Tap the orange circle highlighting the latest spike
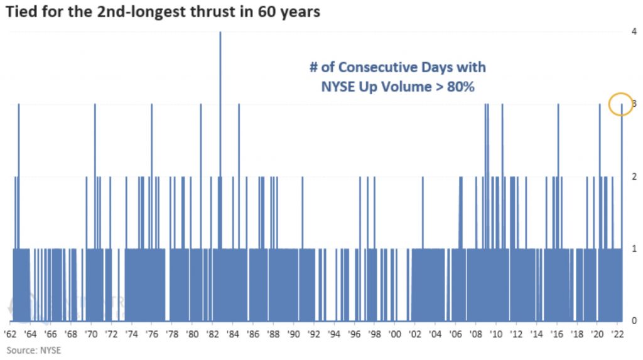coord(621,104)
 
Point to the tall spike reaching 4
coord(220,63)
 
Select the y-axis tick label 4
coord(635,32)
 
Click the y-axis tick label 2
coord(635,177)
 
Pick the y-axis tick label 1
coord(635,249)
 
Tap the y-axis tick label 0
coord(635,320)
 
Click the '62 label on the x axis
coord(11,334)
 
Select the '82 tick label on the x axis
coord(213,334)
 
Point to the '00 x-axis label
coord(395,334)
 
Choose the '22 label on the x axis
coord(617,334)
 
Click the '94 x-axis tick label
coord(334,334)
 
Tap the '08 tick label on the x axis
coord(476,334)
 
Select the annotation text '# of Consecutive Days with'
coord(397,67)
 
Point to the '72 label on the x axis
coord(112,334)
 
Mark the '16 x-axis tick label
coord(556,334)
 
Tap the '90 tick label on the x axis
coord(294,334)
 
